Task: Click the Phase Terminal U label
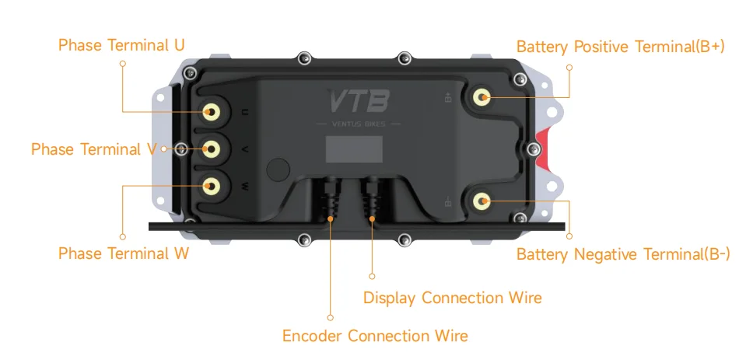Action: [x=121, y=45]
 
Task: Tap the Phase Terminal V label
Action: [x=94, y=149]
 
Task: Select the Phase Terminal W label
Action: [x=124, y=253]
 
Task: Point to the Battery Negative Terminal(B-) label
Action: [x=623, y=254]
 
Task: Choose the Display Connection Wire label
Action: [x=452, y=298]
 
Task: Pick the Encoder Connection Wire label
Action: [x=375, y=336]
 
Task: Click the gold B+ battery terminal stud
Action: [x=482, y=97]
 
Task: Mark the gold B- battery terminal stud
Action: [x=482, y=201]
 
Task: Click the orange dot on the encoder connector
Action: [x=331, y=220]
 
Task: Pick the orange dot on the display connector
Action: [x=372, y=220]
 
